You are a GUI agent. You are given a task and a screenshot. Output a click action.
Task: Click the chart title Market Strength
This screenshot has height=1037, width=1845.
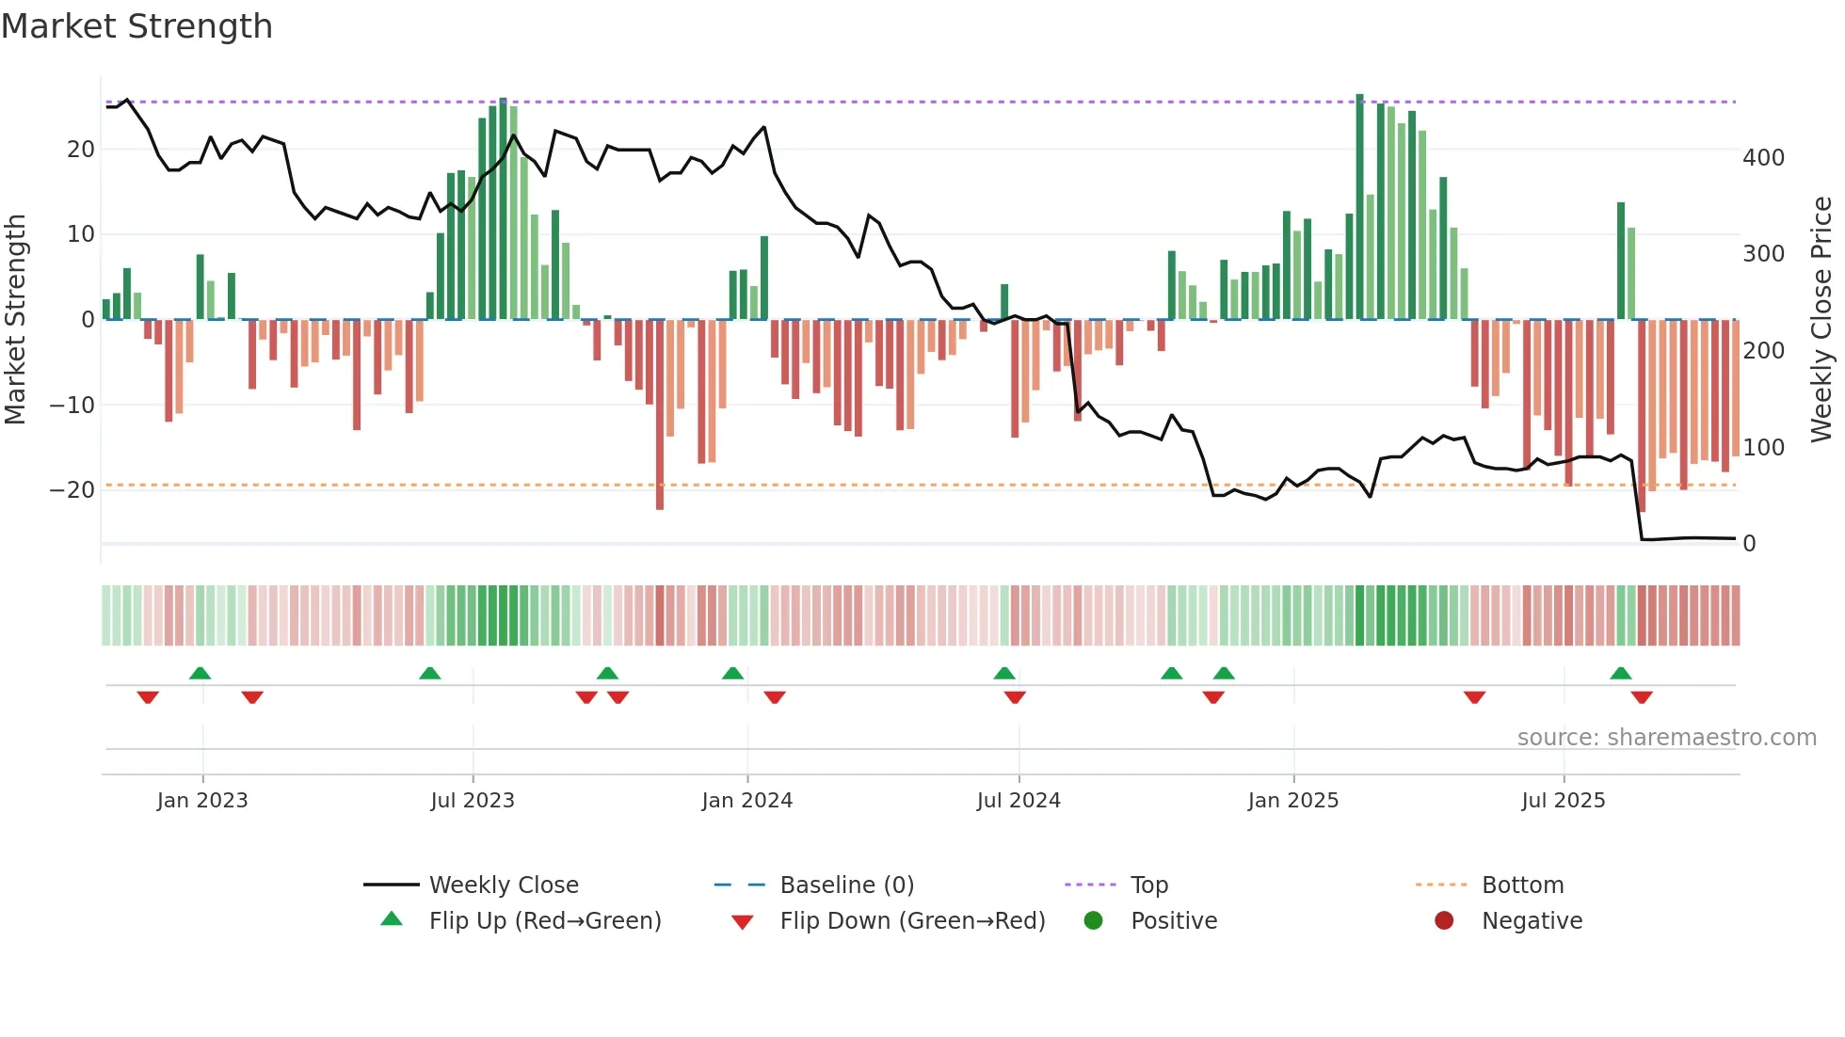(x=136, y=26)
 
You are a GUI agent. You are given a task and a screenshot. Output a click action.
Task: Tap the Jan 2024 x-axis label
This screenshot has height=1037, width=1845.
(x=746, y=801)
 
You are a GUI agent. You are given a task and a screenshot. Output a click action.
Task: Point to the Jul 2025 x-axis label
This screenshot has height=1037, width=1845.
(x=1563, y=801)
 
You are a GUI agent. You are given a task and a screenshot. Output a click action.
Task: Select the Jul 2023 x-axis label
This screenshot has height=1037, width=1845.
(x=472, y=801)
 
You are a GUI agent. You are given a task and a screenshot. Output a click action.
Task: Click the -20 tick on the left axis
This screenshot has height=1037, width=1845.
(x=72, y=490)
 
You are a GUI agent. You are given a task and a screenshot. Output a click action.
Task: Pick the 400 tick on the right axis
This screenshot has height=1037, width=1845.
(x=1763, y=158)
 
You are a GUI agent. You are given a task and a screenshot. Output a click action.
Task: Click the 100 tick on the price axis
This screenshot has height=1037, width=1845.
(x=1763, y=448)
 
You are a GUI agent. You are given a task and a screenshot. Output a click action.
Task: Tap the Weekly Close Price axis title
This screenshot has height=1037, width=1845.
(x=1821, y=320)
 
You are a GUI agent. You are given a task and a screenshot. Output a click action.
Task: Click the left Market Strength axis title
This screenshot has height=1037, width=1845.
(x=15, y=320)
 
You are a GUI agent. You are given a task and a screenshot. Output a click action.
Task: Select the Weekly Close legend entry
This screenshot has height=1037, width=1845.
(x=503, y=885)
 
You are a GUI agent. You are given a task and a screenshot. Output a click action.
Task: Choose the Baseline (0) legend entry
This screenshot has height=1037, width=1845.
(x=846, y=885)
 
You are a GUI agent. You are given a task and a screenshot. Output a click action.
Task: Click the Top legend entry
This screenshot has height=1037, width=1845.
(x=1148, y=885)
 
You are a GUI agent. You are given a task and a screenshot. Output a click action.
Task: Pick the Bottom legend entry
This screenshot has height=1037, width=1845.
(x=1522, y=885)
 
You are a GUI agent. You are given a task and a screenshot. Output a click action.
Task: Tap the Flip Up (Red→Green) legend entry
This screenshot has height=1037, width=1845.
(x=544, y=921)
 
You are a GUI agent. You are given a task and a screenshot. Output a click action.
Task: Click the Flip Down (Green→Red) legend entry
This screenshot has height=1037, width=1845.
(x=911, y=921)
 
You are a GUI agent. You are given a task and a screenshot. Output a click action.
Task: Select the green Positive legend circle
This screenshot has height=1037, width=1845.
(x=1093, y=920)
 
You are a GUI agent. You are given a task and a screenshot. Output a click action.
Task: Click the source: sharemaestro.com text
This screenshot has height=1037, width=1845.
(x=1666, y=738)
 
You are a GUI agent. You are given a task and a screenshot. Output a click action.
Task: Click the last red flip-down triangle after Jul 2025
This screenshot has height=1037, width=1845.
(x=1642, y=697)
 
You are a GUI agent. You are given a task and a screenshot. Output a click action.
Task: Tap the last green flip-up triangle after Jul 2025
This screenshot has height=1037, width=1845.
(x=1620, y=673)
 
